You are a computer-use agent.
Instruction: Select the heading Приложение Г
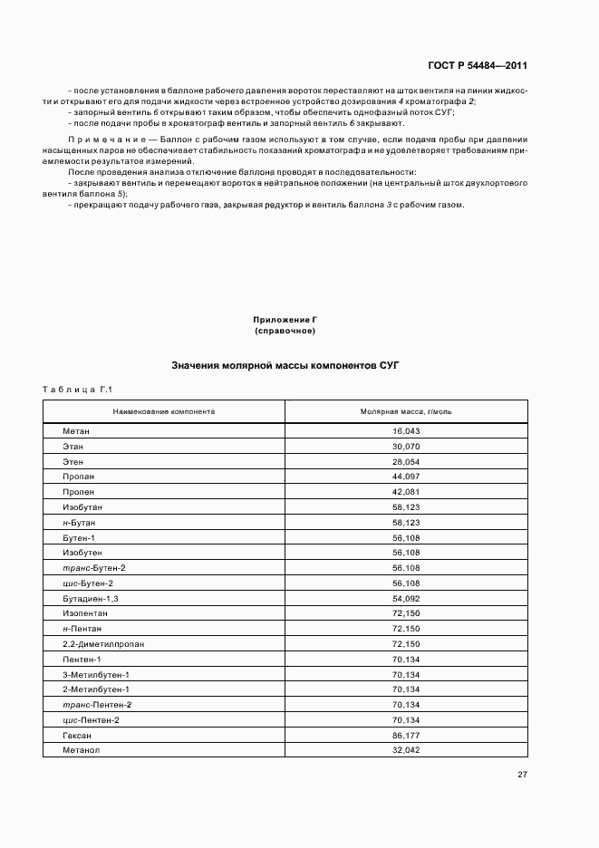285,320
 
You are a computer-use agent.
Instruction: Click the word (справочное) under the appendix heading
285,331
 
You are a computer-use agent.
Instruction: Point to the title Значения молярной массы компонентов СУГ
285,365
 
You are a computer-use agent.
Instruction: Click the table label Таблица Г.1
76,390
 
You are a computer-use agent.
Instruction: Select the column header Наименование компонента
164,411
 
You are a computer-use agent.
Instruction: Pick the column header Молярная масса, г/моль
406,411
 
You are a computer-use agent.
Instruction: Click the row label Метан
76,431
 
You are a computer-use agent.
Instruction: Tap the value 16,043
406,431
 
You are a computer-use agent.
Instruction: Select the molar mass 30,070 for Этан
406,447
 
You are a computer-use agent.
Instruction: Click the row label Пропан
79,477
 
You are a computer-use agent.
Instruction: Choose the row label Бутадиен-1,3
91,598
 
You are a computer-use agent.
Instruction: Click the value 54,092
406,598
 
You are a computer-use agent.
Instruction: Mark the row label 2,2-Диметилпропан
103,644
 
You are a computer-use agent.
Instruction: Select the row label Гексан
78,735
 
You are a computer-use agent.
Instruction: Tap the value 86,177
406,735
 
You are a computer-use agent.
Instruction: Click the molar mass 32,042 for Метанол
406,750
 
